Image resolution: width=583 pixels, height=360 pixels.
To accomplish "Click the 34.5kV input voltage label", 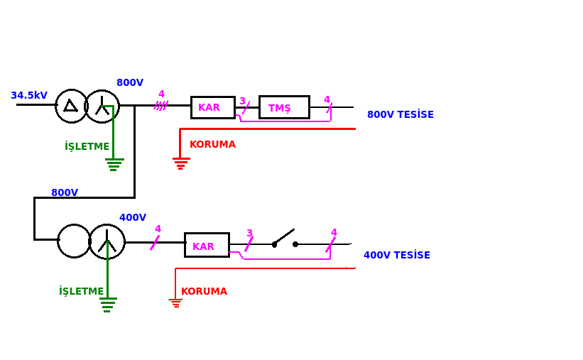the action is coord(29,96).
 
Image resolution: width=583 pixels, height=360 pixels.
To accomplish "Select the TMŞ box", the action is coord(285,107).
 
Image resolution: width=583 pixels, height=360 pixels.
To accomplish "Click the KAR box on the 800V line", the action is coord(213,107).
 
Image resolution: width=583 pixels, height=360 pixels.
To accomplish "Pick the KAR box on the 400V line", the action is coord(207,245).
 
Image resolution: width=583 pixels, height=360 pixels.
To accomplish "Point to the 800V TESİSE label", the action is coord(401,114).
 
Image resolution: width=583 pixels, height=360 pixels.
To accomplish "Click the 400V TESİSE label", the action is coord(397,255).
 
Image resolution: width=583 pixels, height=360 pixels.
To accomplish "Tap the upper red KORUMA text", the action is coord(212,144).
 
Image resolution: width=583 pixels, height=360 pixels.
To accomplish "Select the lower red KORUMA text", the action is coord(204,291).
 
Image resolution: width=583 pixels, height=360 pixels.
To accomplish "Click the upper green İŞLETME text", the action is coord(87,146).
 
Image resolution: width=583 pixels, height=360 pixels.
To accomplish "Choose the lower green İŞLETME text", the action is coord(82,291).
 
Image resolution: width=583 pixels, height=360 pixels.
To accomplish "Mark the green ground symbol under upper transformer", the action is coord(114,165).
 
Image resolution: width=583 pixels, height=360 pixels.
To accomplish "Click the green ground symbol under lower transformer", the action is coord(108,305).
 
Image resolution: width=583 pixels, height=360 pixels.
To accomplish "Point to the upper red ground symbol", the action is coord(181,163).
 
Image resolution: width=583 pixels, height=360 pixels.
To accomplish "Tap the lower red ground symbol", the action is coord(175,302).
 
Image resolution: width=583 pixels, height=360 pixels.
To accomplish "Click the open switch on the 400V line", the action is coord(285,239).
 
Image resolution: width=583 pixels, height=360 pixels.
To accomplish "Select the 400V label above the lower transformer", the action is coord(133,217).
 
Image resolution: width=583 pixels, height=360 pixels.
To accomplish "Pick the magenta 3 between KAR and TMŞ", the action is coord(242,101).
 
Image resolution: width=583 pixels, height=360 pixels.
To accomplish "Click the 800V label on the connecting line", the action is coord(65,192).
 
